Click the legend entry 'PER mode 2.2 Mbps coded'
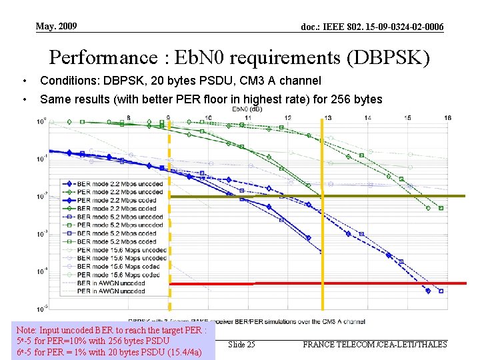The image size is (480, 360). (x=117, y=200)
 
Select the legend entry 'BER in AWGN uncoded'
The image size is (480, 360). (x=111, y=283)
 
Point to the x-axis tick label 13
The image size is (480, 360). (x=328, y=118)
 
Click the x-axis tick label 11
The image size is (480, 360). (x=248, y=118)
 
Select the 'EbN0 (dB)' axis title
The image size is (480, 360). (x=247, y=109)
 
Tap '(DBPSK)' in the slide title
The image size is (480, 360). (x=389, y=57)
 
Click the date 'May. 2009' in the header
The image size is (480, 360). (x=56, y=26)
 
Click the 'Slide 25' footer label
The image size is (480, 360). (x=241, y=344)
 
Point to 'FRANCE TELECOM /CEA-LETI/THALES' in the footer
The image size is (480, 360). (x=375, y=344)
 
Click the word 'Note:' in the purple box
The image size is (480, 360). (x=27, y=330)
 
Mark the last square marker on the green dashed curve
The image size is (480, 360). (x=441, y=208)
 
